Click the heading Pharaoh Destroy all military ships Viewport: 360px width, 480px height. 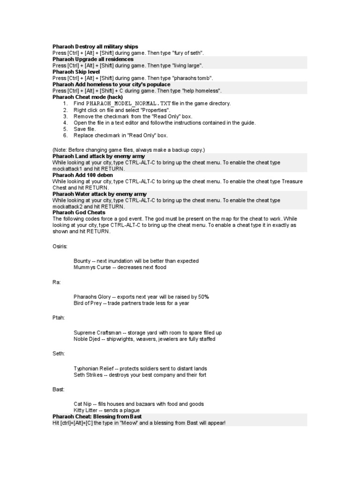pyautogui.click(x=95, y=47)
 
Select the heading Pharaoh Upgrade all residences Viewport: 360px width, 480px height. pyautogui.click(x=93, y=60)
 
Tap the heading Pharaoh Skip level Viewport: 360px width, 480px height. pyautogui.click(x=76, y=72)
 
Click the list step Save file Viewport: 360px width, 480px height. pyautogui.click(x=85, y=129)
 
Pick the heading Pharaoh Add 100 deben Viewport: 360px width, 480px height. pyautogui.click(x=83, y=175)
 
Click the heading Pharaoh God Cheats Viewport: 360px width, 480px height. pyautogui.click(x=79, y=212)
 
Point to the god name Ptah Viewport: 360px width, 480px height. pyautogui.click(x=58, y=317)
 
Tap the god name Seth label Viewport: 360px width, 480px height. pyautogui.click(x=59, y=353)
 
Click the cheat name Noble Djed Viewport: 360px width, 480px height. pyautogui.click(x=87, y=339)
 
